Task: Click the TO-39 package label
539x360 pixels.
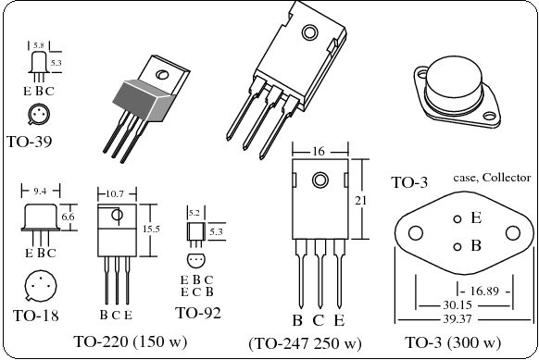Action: (x=30, y=142)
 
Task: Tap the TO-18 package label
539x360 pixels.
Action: (x=36, y=316)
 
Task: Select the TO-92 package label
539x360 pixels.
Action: (x=198, y=313)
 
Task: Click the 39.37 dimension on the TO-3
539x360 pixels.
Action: (x=457, y=319)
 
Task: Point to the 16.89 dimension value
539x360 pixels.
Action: (x=484, y=291)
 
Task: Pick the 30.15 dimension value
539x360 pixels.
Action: (x=457, y=305)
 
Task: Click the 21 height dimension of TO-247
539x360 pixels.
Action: (x=360, y=200)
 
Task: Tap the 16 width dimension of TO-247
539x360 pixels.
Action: (x=319, y=151)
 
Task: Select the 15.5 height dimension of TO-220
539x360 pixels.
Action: (x=151, y=229)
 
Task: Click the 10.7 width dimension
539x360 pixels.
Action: (x=115, y=194)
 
